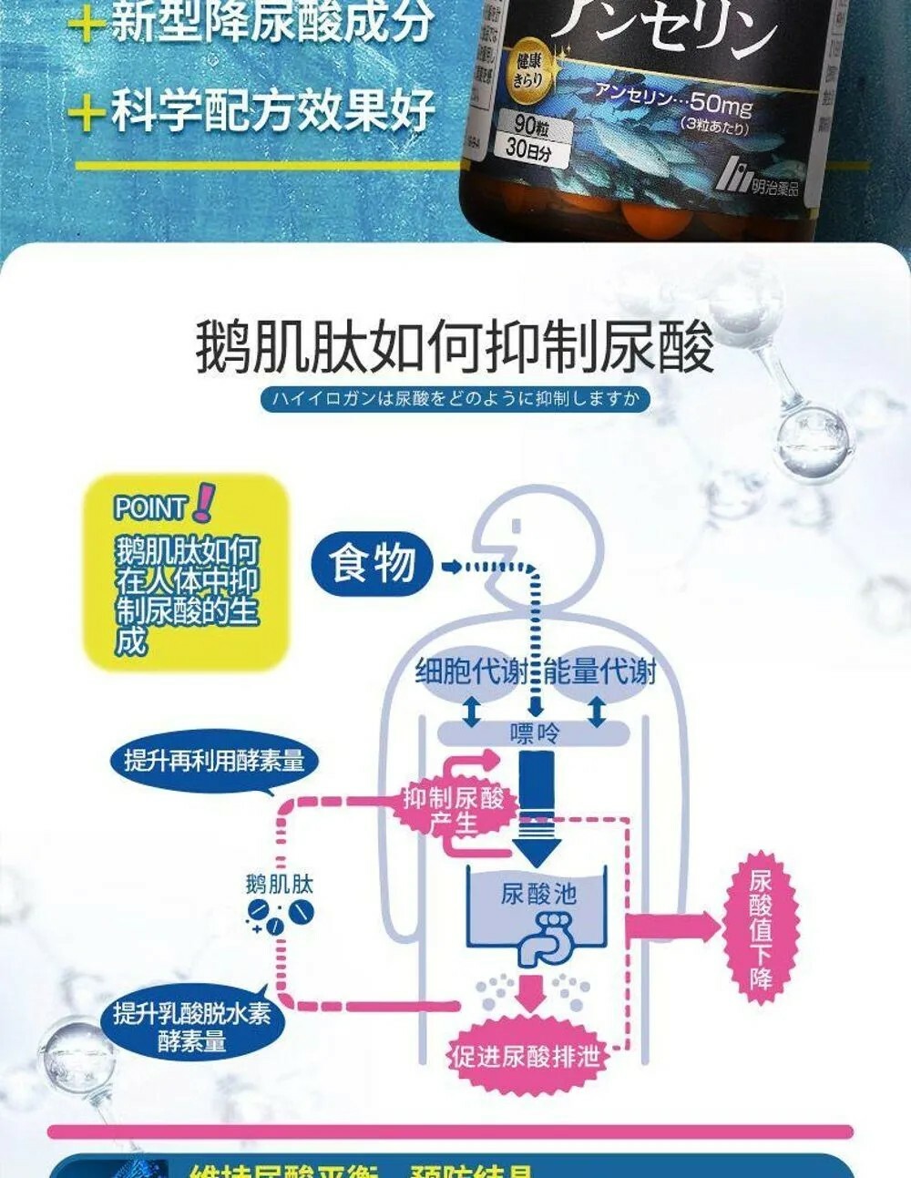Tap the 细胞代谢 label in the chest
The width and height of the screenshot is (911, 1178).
click(471, 672)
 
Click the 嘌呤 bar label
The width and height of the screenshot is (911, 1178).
click(534, 732)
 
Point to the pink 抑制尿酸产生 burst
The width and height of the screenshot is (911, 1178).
click(455, 810)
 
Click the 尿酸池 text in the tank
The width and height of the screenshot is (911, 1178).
click(538, 894)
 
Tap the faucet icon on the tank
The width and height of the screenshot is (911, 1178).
click(544, 937)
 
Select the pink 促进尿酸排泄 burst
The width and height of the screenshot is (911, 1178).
click(527, 1056)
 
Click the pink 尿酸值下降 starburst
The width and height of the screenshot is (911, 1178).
click(761, 928)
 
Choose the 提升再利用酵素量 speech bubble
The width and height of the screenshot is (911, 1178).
click(214, 761)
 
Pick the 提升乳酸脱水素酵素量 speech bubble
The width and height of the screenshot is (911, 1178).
click(191, 1026)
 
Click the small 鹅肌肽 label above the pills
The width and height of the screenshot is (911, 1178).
click(279, 883)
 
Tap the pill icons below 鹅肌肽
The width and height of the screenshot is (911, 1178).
click(279, 915)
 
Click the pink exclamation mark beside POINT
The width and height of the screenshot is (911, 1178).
click(204, 502)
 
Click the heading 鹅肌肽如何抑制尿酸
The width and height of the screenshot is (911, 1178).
click(455, 346)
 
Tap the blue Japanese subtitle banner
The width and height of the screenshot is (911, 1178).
click(455, 399)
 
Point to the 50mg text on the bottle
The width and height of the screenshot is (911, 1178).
click(721, 106)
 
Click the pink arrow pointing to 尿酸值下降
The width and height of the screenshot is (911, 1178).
click(674, 927)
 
